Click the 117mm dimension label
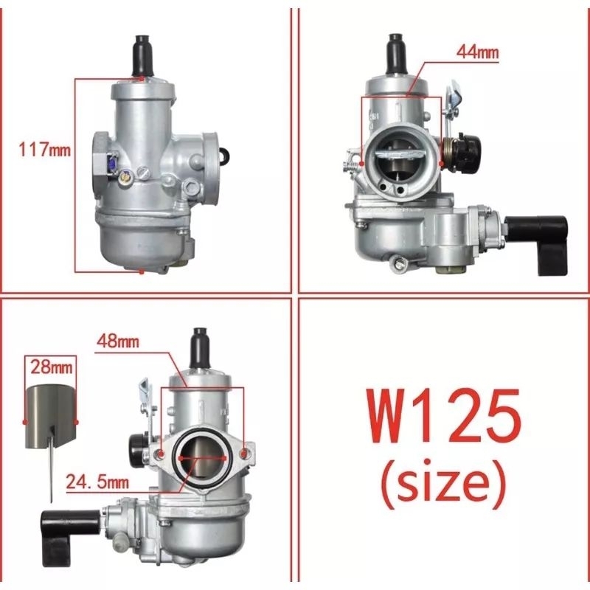(x=44, y=150)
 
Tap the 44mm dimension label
(x=477, y=52)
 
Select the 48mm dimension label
(x=118, y=341)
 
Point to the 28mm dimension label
(x=51, y=367)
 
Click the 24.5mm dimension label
(x=97, y=482)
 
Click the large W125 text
(x=444, y=416)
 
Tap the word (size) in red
(x=443, y=483)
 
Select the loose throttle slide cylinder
(x=51, y=417)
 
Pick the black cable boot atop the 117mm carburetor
(x=142, y=56)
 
